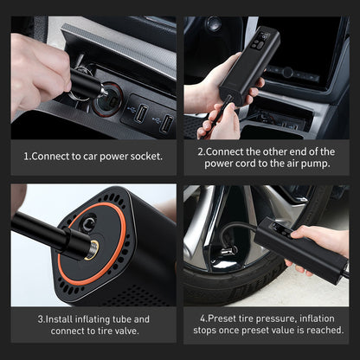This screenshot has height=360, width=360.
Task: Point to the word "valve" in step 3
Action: [136, 331]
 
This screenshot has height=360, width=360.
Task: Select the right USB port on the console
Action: [164, 121]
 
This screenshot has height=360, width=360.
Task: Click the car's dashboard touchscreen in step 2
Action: [320, 52]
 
